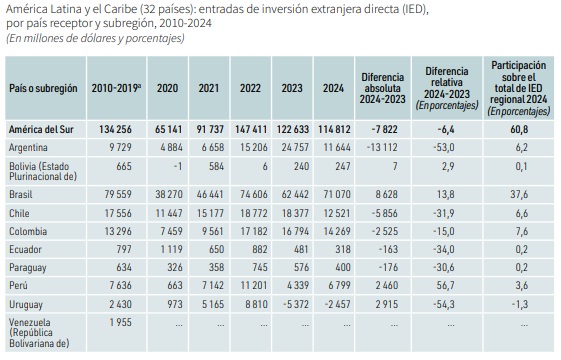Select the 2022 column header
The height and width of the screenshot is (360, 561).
point(250,88)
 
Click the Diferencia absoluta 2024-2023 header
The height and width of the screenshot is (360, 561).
point(382,88)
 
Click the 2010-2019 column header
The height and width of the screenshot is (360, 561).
point(116,88)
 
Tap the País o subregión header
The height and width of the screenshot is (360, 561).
point(43,88)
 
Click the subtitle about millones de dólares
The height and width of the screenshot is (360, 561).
point(96,38)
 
